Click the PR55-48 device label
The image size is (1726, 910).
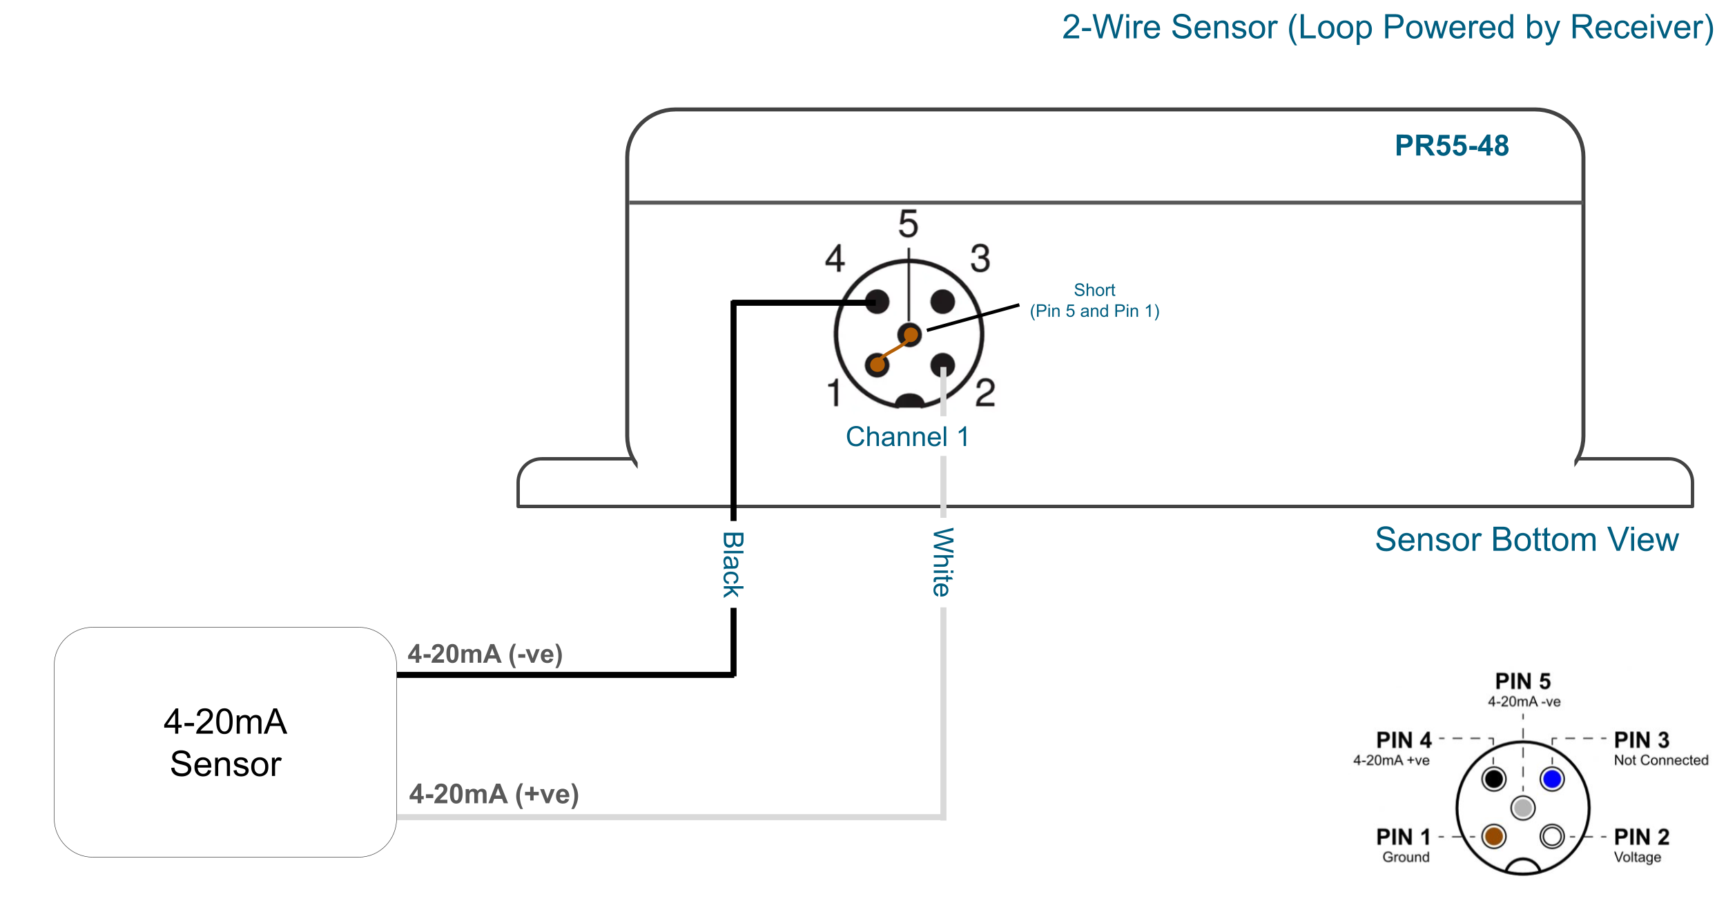[x=1451, y=146]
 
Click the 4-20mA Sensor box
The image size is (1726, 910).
[x=225, y=742]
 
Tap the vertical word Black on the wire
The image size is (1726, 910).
[x=733, y=564]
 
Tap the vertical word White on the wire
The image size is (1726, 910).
[x=942, y=562]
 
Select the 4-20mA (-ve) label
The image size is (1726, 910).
[x=485, y=654]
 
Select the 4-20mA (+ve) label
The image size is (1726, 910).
[x=494, y=794]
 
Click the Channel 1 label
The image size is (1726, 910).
[x=906, y=436]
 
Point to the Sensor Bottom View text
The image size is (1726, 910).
[x=1526, y=539]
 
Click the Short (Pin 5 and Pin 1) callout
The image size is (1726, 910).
[x=1094, y=300]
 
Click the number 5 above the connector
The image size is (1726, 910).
[x=908, y=224]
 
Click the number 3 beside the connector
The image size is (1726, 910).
[x=980, y=259]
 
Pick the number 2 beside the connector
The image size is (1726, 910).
[x=985, y=393]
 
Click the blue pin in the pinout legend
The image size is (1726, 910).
[x=1552, y=779]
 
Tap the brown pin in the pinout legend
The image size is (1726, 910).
[x=1494, y=836]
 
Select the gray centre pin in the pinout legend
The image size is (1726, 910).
[x=1523, y=807]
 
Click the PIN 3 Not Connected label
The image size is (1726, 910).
[x=1660, y=749]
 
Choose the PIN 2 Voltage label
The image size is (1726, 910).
[x=1640, y=846]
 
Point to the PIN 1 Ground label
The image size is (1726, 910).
[x=1404, y=846]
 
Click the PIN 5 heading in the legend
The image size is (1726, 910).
[x=1523, y=681]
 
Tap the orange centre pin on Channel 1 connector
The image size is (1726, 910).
[x=911, y=336]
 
